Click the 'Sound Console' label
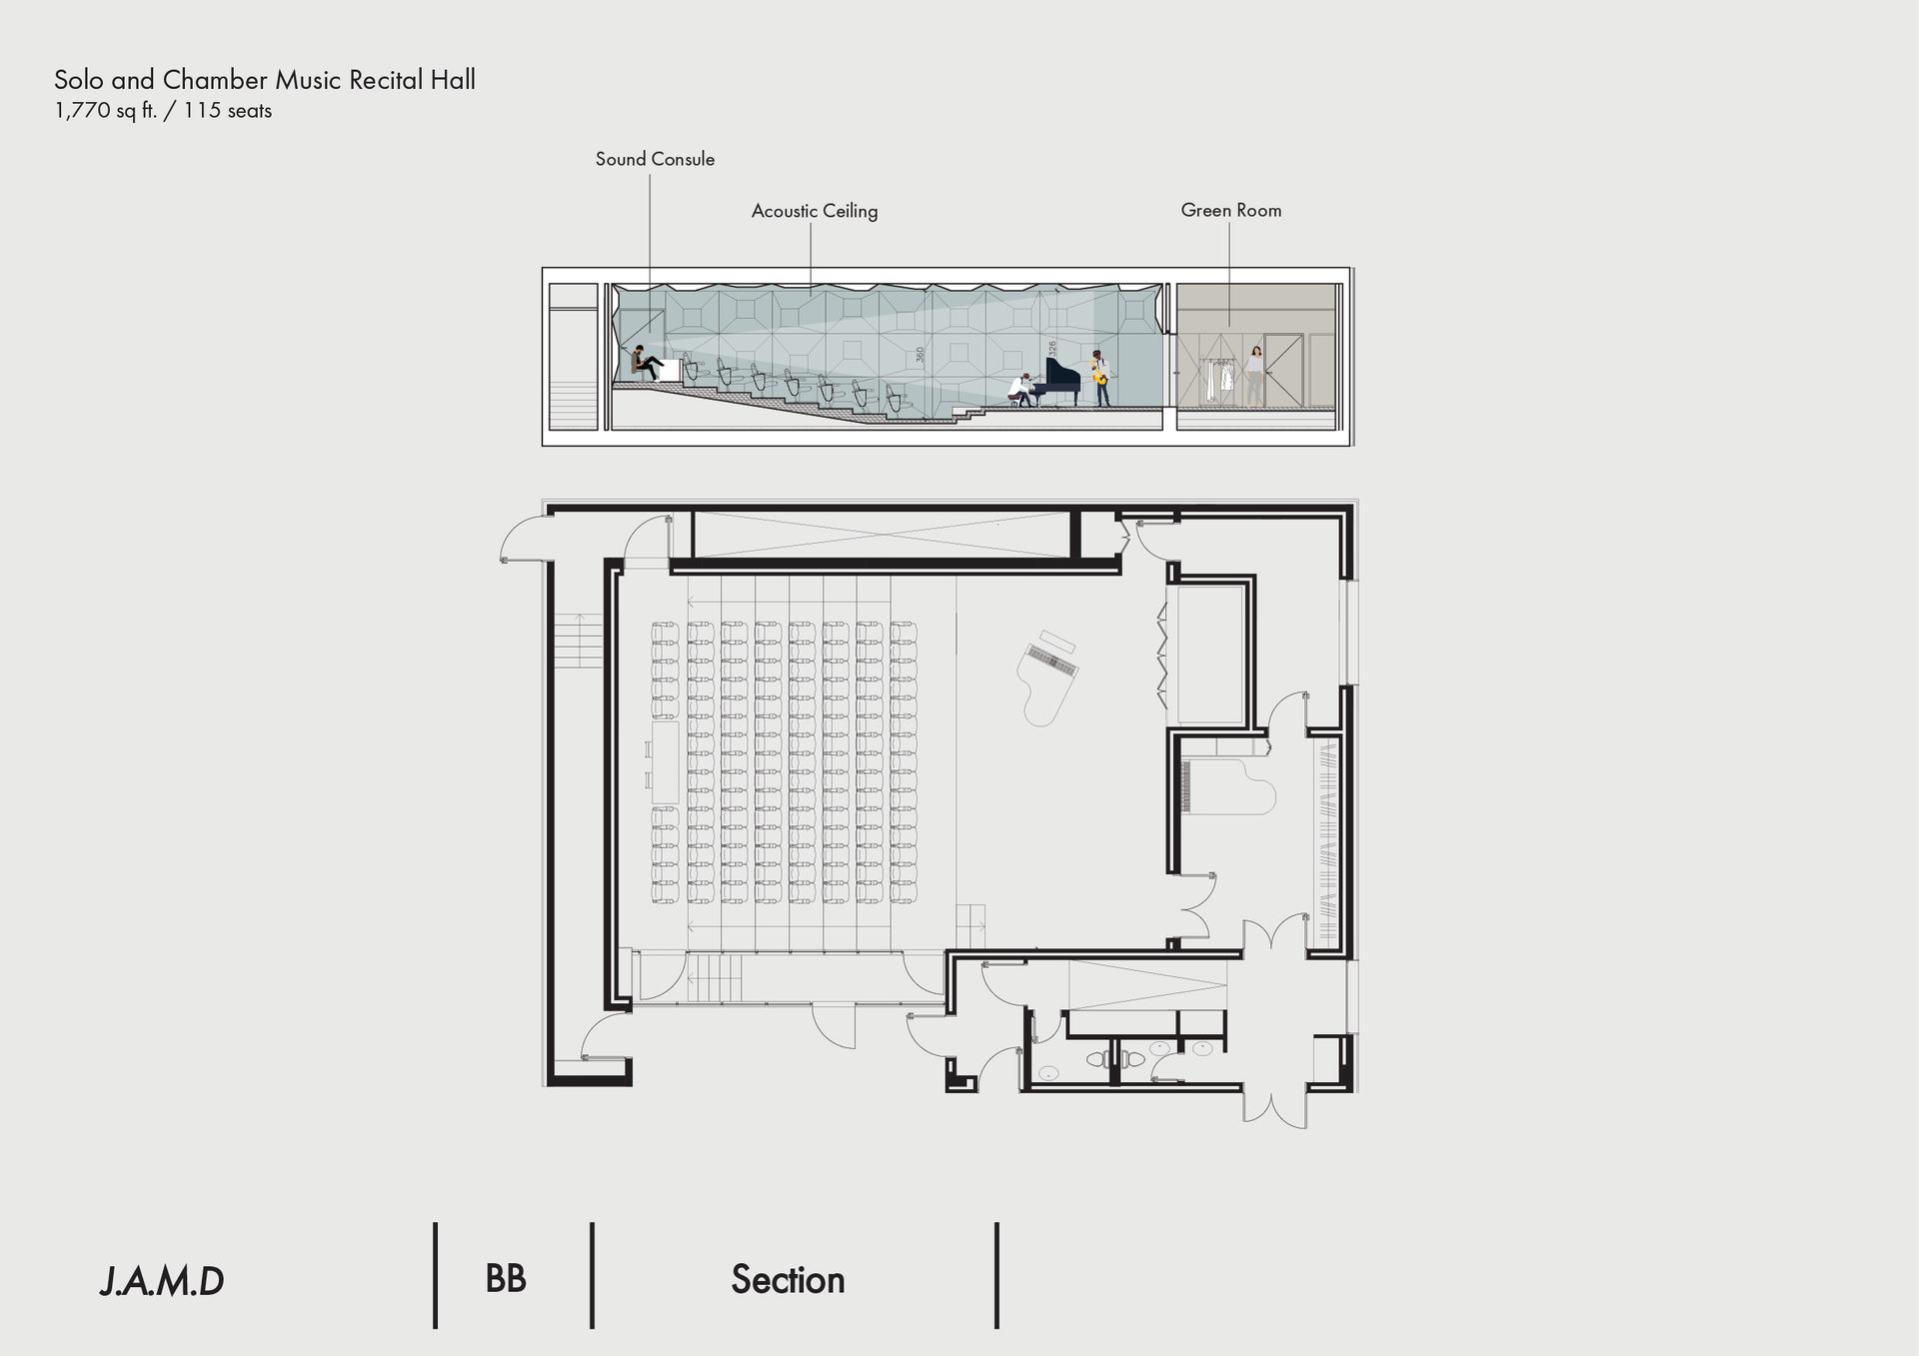pyautogui.click(x=655, y=159)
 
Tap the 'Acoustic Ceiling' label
pyautogui.click(x=815, y=211)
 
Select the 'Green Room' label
pyautogui.click(x=1231, y=210)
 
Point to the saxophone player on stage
pyautogui.click(x=1099, y=378)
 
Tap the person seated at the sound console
pyautogui.click(x=645, y=363)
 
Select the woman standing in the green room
pyautogui.click(x=1254, y=376)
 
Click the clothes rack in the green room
pyautogui.click(x=1215, y=380)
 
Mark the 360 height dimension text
pyautogui.click(x=921, y=355)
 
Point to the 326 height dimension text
pyautogui.click(x=1052, y=349)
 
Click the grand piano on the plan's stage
pyautogui.click(x=1048, y=677)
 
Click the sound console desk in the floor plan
pyautogui.click(x=665, y=762)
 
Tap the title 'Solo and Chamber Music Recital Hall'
pyautogui.click(x=265, y=80)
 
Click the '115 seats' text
pyautogui.click(x=228, y=111)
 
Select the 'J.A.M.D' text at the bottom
pyautogui.click(x=162, y=1281)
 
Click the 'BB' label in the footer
pyautogui.click(x=506, y=1279)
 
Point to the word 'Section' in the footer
pyautogui.click(x=788, y=1280)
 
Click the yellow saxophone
pyautogui.click(x=1096, y=375)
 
